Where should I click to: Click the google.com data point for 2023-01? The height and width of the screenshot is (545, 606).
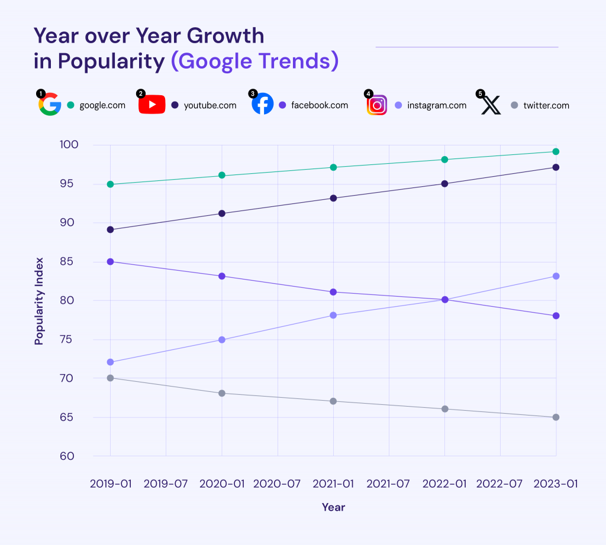tap(556, 152)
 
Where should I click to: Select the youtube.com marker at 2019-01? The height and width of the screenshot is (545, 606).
tap(110, 229)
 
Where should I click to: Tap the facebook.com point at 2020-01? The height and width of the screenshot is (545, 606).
tap(222, 276)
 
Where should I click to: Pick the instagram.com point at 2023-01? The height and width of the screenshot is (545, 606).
tap(556, 276)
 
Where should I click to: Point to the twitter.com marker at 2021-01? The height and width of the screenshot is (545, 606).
tap(333, 401)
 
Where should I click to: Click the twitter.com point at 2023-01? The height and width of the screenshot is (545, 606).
tap(556, 417)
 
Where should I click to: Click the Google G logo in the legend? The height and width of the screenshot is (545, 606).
tap(50, 105)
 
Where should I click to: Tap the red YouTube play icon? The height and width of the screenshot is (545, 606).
tap(151, 105)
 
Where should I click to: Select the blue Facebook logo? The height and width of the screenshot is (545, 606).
tap(262, 105)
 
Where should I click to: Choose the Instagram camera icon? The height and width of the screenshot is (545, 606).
tap(377, 105)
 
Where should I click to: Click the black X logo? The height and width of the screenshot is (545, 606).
tap(491, 105)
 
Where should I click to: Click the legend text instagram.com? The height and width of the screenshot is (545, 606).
tap(437, 105)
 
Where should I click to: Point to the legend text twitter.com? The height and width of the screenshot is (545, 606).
tap(546, 105)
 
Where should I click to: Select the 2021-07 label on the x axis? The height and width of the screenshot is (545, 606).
tap(388, 484)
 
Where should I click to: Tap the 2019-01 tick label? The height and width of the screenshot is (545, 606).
tap(110, 484)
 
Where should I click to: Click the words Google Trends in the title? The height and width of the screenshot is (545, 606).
tap(254, 61)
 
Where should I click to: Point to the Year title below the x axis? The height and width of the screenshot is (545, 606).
tap(333, 507)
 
